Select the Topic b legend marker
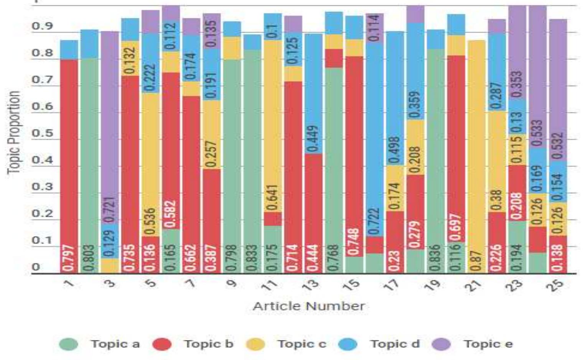click(161, 344)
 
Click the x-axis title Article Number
click(308, 306)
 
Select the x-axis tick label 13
click(313, 284)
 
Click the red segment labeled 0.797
click(69, 165)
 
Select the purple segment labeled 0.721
click(110, 127)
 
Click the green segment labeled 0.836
click(435, 161)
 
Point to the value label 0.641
click(273, 198)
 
